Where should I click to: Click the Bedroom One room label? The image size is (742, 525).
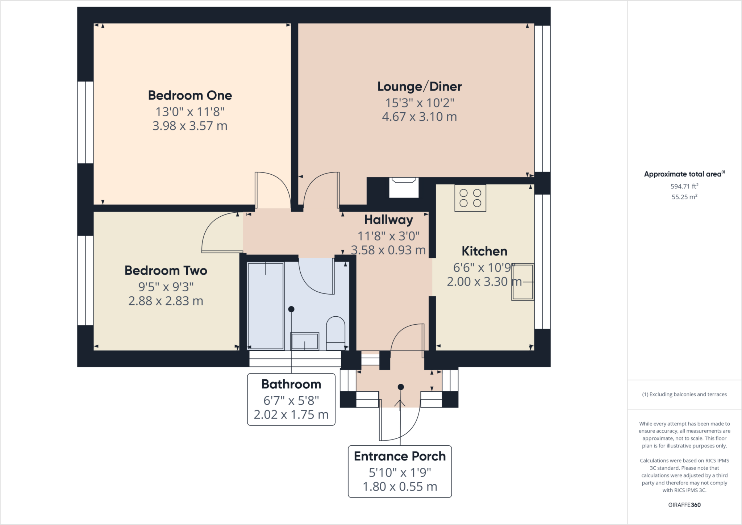(x=190, y=96)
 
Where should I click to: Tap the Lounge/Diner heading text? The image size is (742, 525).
(x=419, y=87)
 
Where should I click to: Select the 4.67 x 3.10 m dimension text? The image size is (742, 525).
(x=419, y=117)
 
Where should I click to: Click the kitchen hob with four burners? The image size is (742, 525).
(x=470, y=198)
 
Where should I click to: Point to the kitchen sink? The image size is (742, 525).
(x=522, y=282)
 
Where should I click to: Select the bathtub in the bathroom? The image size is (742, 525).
(x=266, y=306)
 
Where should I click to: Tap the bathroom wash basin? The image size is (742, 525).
(x=305, y=341)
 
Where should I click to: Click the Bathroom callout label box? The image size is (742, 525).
(x=291, y=399)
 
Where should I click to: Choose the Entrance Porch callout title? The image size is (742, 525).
(x=400, y=456)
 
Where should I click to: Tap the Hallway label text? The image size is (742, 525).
(x=388, y=220)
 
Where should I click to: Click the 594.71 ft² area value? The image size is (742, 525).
(x=684, y=187)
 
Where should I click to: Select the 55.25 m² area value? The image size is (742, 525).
(x=684, y=197)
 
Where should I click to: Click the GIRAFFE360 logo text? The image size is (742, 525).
(x=684, y=505)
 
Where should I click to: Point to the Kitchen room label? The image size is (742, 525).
(x=484, y=251)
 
